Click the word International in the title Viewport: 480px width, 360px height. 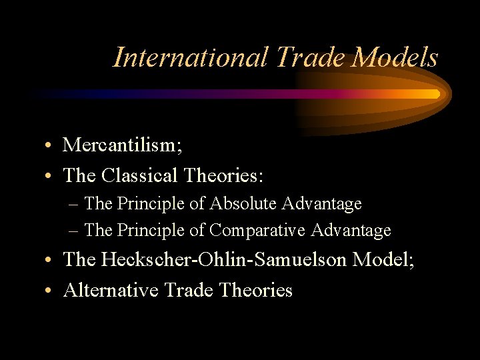(190, 57)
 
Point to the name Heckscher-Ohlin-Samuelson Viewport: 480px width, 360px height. (223, 259)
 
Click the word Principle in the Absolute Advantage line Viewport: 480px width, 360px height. (147, 203)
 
